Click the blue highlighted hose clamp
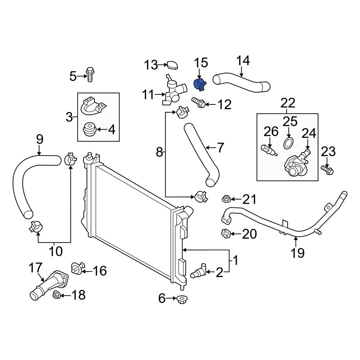pos(199,85)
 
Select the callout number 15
pos(201,63)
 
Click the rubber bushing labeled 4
pos(90,130)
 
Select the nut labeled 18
pos(56,296)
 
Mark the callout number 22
pos(288,103)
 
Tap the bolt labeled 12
pos(198,103)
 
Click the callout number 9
pos(40,139)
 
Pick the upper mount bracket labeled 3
pos(93,105)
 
